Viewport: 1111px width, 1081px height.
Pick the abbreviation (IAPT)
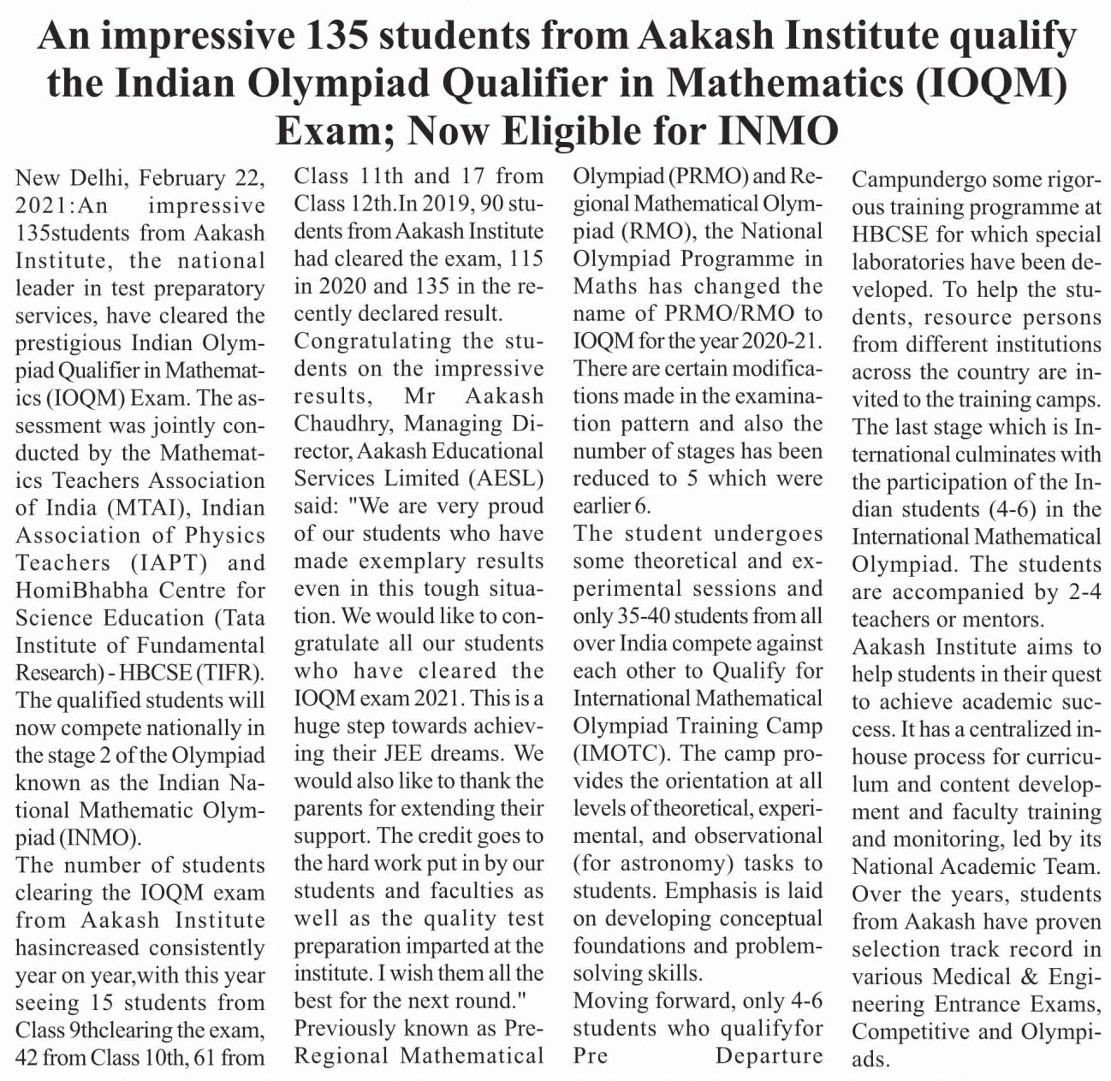(169, 562)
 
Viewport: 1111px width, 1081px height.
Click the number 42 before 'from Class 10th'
(27, 1057)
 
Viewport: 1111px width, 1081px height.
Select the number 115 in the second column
(526, 258)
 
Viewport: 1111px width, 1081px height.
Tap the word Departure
(769, 1055)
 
